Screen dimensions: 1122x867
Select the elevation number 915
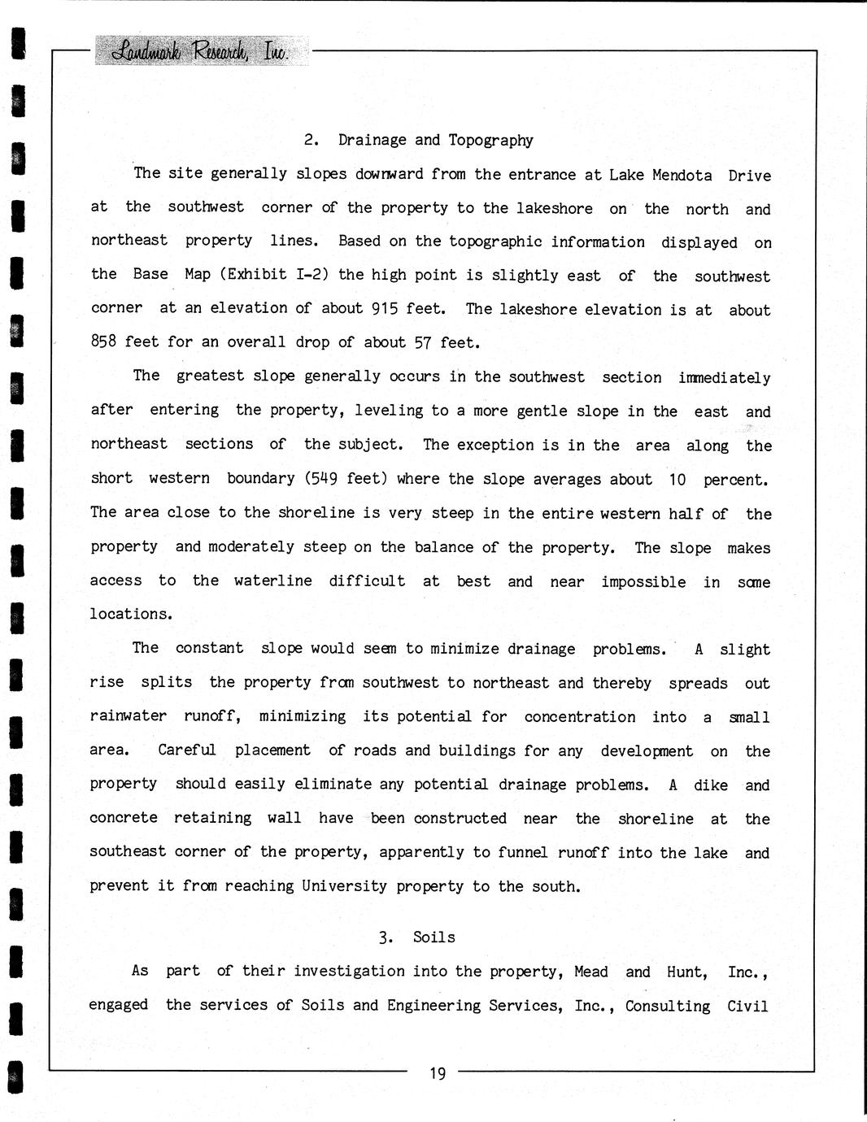point(384,308)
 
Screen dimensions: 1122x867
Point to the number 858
point(104,341)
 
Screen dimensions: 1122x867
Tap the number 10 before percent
point(677,480)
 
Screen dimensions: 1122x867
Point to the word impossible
point(643,582)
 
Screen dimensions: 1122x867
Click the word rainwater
point(128,716)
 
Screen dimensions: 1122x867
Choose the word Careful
point(187,750)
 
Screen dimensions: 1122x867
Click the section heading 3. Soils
point(416,937)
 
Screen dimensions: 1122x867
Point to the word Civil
point(747,1006)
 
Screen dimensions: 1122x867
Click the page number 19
point(438,1074)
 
